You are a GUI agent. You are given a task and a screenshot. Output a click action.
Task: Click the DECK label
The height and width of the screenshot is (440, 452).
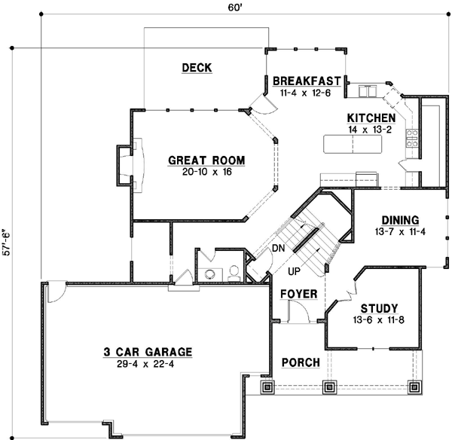click(x=197, y=69)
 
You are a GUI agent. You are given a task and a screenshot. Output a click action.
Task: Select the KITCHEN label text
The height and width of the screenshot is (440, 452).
click(x=371, y=118)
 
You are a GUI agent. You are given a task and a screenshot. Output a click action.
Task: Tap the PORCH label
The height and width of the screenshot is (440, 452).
click(x=301, y=363)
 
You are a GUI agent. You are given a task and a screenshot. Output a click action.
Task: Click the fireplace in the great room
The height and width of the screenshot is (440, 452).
click(x=123, y=164)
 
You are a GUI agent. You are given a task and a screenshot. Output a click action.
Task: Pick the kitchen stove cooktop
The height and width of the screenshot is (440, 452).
click(x=412, y=137)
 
